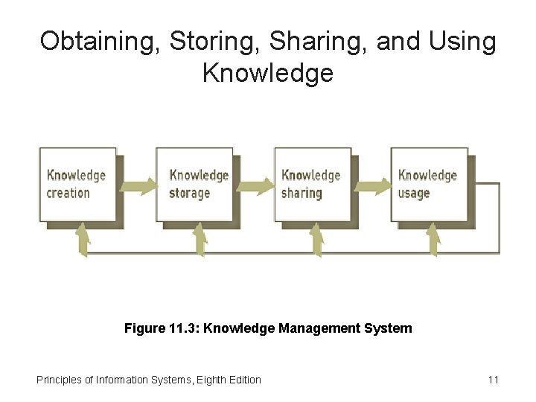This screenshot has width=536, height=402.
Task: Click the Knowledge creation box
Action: pyautogui.click(x=77, y=184)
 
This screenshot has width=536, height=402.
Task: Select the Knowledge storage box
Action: pyautogui.click(x=194, y=184)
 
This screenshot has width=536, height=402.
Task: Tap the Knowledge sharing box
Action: pyautogui.click(x=313, y=184)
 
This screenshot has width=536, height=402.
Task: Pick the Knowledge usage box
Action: pyautogui.click(x=429, y=184)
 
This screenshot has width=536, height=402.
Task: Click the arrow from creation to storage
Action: pyautogui.click(x=138, y=185)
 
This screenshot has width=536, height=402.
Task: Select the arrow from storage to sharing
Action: pyautogui.click(x=255, y=185)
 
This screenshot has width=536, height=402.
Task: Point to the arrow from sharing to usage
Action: pyautogui.click(x=372, y=185)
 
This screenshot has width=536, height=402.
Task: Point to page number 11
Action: pyautogui.click(x=493, y=380)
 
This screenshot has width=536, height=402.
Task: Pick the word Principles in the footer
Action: pyautogui.click(x=59, y=380)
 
